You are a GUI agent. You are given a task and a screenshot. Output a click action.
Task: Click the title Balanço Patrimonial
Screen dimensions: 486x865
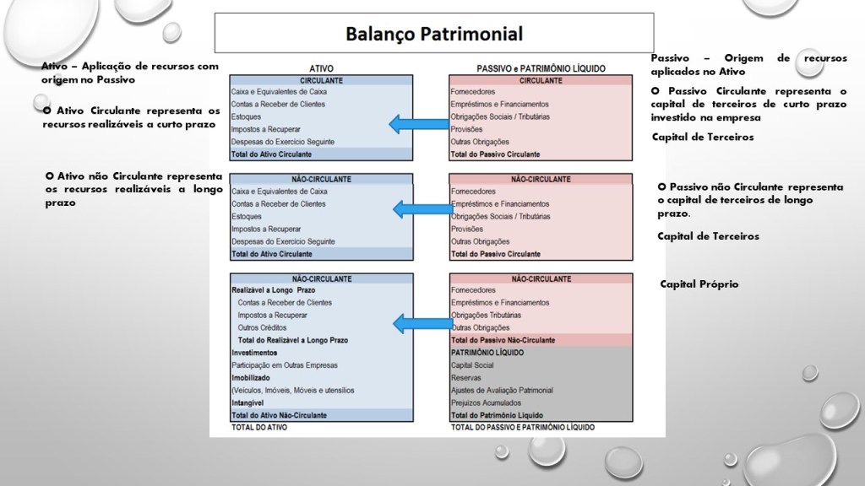434,35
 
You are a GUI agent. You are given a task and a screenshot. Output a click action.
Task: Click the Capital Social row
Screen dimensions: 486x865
473,365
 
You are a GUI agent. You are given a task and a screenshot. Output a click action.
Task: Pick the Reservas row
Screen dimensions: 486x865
467,378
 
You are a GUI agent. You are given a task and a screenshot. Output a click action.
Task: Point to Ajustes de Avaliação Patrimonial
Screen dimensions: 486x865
502,391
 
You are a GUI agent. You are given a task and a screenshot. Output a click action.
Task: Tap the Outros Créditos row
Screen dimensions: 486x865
263,327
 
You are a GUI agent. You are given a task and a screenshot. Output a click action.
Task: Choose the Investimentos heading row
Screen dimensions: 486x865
255,353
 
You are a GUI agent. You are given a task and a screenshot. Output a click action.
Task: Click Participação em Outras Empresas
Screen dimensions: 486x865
285,365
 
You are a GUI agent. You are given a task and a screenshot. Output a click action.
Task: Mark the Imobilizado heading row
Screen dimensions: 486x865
251,378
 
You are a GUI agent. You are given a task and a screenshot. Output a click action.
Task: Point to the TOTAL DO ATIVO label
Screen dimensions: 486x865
259,428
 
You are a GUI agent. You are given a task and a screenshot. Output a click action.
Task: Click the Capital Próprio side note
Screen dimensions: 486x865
699,284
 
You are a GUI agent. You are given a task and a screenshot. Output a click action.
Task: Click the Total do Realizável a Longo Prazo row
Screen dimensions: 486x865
293,340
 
